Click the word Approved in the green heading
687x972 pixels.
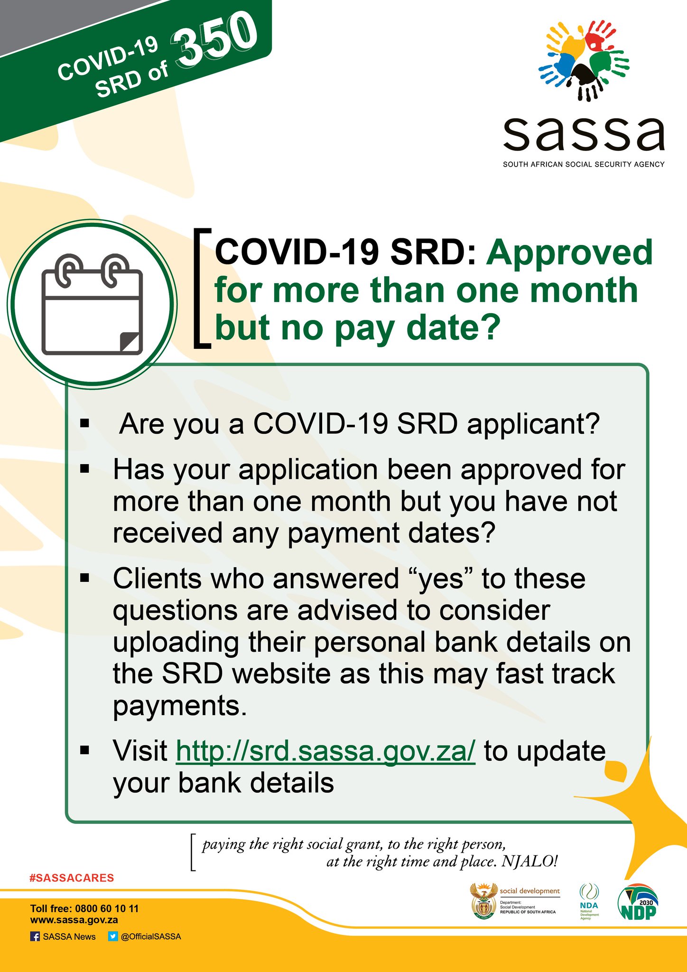pyautogui.click(x=569, y=252)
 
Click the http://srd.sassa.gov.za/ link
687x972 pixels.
pyautogui.click(x=325, y=751)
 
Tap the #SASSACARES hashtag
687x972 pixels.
pyautogui.click(x=72, y=878)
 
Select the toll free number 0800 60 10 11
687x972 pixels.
pyautogui.click(x=106, y=908)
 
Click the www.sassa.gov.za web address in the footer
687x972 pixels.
pyautogui.click(x=74, y=920)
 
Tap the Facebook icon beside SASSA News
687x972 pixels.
pyautogui.click(x=35, y=936)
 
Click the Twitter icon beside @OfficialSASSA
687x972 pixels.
pyautogui.click(x=112, y=936)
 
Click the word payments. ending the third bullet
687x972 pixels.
pyautogui.click(x=180, y=706)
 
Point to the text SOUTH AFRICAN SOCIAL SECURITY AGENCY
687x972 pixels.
pyautogui.click(x=584, y=164)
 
